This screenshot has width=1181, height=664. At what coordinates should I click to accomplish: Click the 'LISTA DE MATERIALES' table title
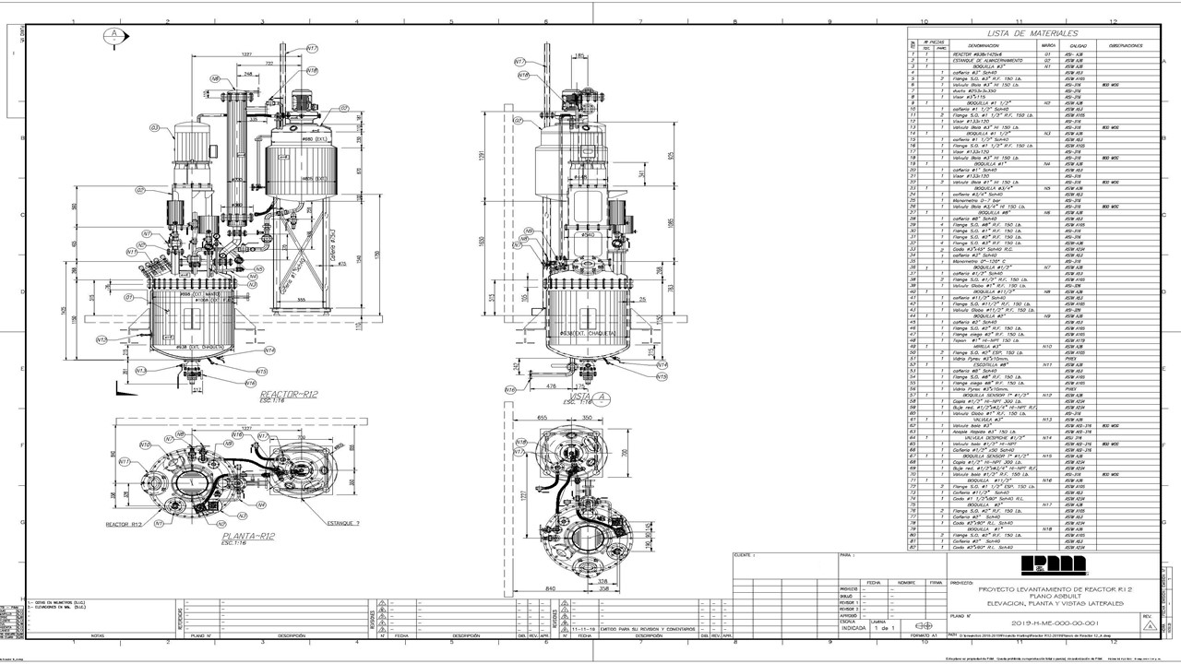(x=1020, y=33)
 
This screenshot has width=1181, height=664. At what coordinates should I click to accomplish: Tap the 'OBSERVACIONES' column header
(x=1126, y=45)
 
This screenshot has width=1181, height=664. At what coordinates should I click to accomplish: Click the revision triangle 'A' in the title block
(x=1148, y=624)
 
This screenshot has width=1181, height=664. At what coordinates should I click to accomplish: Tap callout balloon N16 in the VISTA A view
(x=509, y=390)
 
